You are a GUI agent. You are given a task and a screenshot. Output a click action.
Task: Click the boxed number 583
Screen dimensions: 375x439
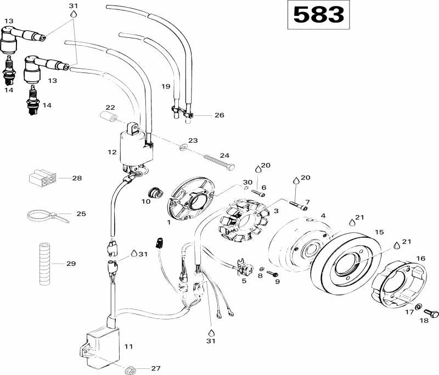[319, 15]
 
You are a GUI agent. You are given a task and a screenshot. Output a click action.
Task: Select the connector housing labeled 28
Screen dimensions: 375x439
[41, 178]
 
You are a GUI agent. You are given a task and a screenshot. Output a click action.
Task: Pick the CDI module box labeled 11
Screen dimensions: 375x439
[102, 346]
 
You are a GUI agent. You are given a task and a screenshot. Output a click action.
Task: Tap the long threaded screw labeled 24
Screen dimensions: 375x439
[219, 161]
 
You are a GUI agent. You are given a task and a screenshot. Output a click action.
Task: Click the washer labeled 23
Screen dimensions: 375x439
[183, 147]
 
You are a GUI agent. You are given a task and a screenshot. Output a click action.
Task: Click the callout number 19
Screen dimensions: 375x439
[166, 86]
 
